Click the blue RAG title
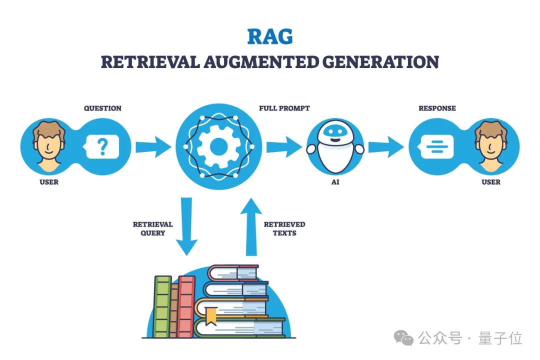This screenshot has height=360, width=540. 270,37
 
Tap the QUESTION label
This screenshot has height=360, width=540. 102,108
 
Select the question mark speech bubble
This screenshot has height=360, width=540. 102,146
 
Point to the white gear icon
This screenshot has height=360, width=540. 218,146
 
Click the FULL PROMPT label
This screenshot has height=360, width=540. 284,108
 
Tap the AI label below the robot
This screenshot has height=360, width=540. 335,182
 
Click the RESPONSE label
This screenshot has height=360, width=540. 437,108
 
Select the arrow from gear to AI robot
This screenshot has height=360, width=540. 283,147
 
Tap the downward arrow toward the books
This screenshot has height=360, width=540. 186,225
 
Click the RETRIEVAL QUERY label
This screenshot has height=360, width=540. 152,228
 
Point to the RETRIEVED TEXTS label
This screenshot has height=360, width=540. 284,228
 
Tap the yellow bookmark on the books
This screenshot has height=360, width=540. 211,315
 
